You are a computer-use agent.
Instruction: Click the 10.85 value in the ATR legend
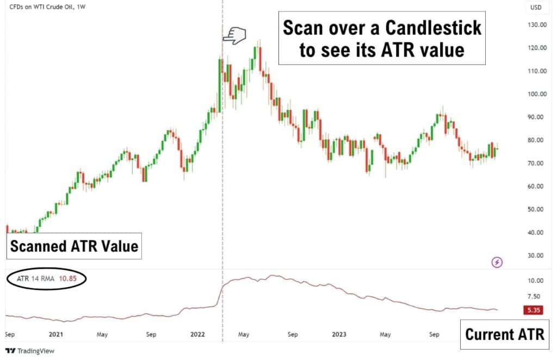(x=75, y=278)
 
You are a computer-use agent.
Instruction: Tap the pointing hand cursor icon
(x=235, y=36)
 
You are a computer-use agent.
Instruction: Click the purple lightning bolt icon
(x=497, y=263)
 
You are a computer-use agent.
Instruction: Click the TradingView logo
(x=30, y=351)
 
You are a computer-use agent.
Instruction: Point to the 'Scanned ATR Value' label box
(x=75, y=247)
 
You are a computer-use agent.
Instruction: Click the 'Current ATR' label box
(x=504, y=333)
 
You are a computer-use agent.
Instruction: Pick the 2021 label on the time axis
(x=56, y=334)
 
